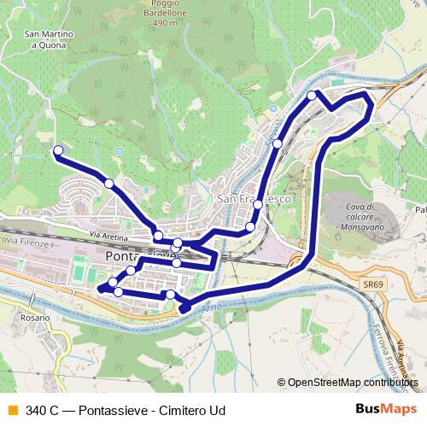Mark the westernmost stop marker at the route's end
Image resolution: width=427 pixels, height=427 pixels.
coord(59,151)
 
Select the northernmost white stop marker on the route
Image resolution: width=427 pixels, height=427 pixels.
coord(313,95)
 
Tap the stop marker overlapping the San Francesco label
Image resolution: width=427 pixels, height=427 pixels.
coord(258,205)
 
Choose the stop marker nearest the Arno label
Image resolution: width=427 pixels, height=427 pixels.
coord(170,295)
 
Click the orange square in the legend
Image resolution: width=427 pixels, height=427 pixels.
coord(12,410)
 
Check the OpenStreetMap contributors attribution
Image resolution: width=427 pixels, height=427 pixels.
coord(350,383)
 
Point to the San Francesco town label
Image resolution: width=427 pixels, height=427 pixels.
coord(254,198)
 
